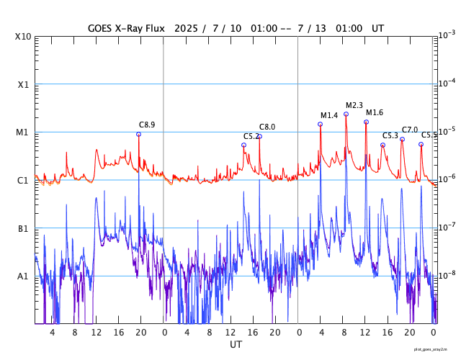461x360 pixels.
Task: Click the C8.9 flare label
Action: pos(147,125)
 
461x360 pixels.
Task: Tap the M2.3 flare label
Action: pos(354,106)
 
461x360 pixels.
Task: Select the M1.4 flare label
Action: pos(329,115)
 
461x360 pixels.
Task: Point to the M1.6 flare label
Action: pos(375,112)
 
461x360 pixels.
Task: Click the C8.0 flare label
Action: pos(267,127)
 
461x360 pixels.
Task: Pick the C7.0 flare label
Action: pos(410,130)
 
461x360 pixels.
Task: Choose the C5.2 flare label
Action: pos(251,136)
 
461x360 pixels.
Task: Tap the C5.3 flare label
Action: pos(390,135)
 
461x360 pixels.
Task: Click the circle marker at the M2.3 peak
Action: pos(346,114)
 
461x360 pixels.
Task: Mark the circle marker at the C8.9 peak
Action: pos(139,134)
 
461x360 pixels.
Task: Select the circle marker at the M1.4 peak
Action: pos(321,124)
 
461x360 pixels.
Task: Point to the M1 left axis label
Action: pos(23,132)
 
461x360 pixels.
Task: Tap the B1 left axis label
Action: pos(23,228)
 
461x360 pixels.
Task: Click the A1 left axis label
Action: pos(23,276)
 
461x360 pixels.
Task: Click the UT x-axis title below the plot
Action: pos(236,345)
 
